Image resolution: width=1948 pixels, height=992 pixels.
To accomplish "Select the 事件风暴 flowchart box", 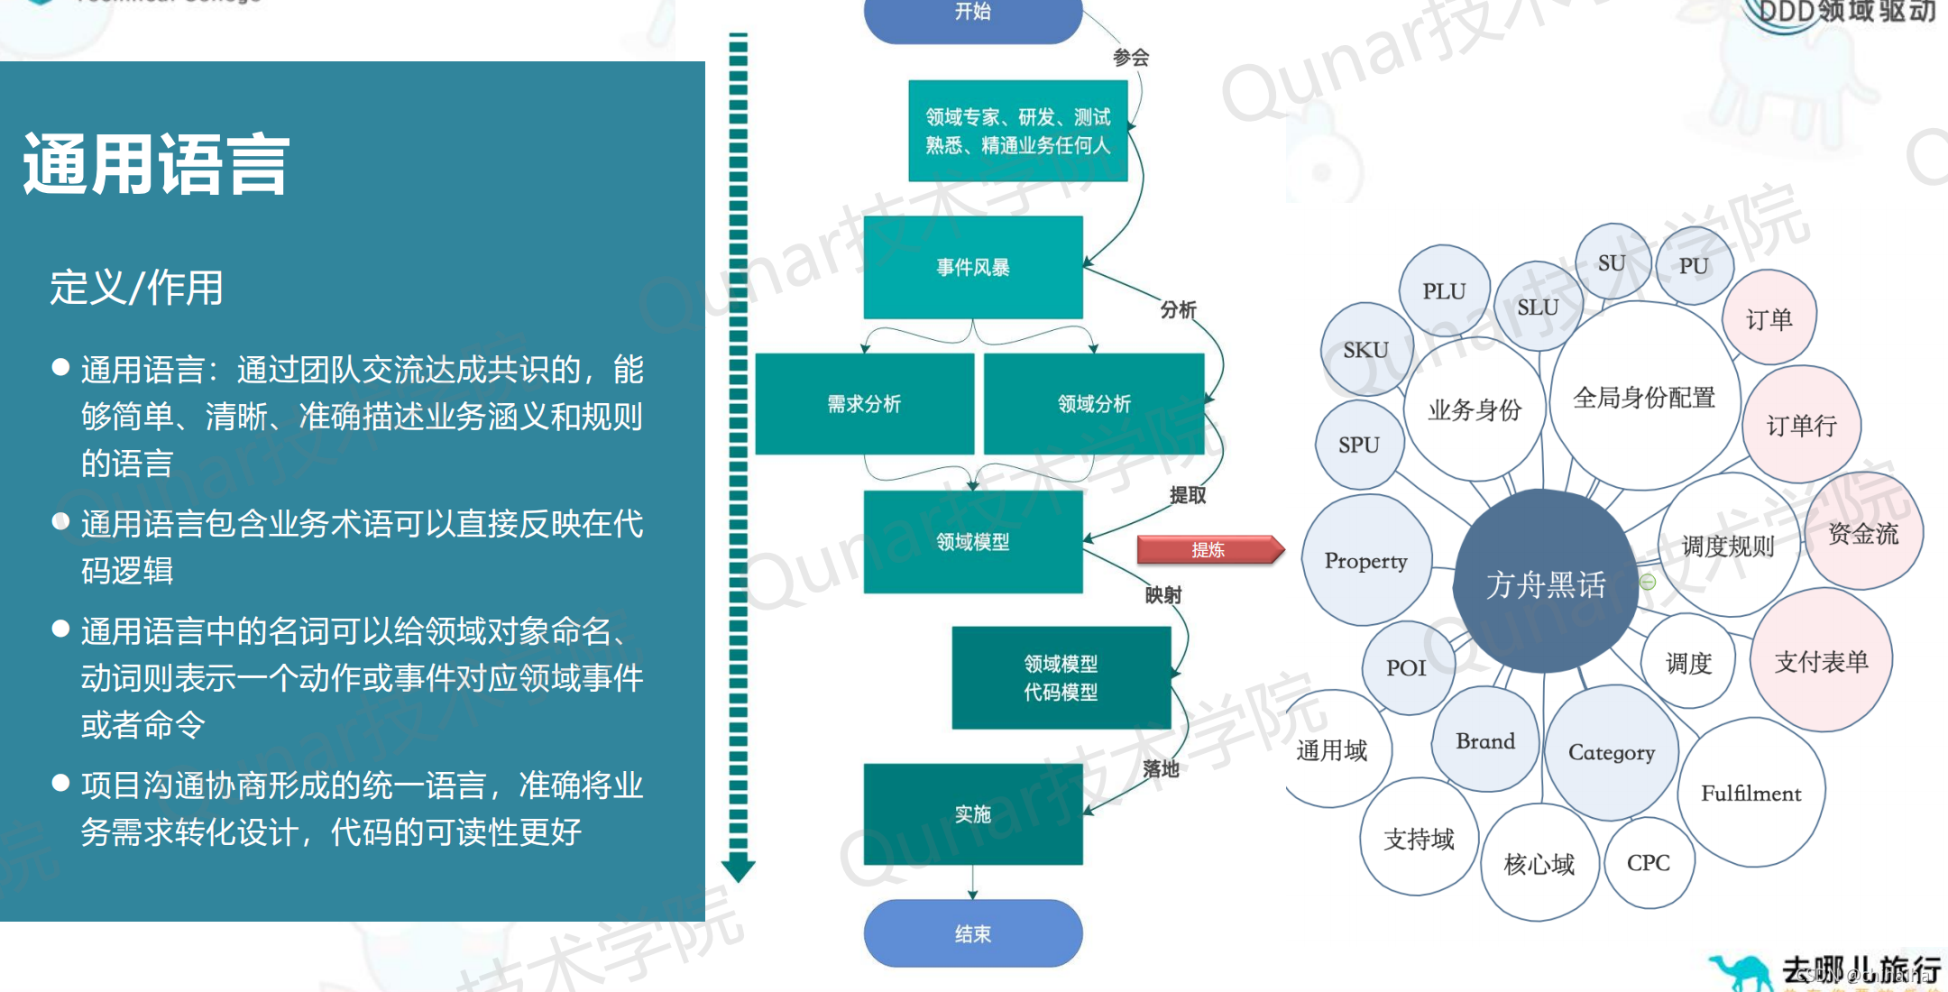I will [973, 267].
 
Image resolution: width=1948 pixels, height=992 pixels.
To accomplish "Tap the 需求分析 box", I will [864, 404].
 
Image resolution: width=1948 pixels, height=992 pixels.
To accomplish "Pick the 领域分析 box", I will [1094, 404].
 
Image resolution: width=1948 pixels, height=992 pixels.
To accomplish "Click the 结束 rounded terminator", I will [973, 933].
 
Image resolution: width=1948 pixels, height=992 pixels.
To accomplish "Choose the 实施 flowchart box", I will [973, 814].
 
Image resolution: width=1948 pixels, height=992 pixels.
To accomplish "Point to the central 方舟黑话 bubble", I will [1546, 583].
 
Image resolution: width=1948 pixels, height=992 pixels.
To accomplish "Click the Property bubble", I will [1365, 561].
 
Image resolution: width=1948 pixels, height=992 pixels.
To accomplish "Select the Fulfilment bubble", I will [1750, 793].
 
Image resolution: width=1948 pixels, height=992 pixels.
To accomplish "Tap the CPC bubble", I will [1649, 863].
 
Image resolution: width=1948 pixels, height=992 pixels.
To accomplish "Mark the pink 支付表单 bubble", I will [1821, 661].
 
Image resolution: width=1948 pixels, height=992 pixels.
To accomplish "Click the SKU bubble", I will [1365, 350].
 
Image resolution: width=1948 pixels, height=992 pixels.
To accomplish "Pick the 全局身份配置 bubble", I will [1644, 397].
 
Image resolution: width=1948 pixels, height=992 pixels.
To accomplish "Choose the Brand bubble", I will [1485, 741].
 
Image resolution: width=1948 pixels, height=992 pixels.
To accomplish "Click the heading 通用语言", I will [156, 164].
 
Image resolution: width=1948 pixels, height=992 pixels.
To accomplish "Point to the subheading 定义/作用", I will [136, 288].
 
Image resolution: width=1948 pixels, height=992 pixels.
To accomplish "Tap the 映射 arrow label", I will [1163, 595].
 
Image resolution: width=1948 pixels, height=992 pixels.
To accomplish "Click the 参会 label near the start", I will [1131, 58].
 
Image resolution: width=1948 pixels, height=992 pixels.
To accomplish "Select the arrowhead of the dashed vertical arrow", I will [738, 869].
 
